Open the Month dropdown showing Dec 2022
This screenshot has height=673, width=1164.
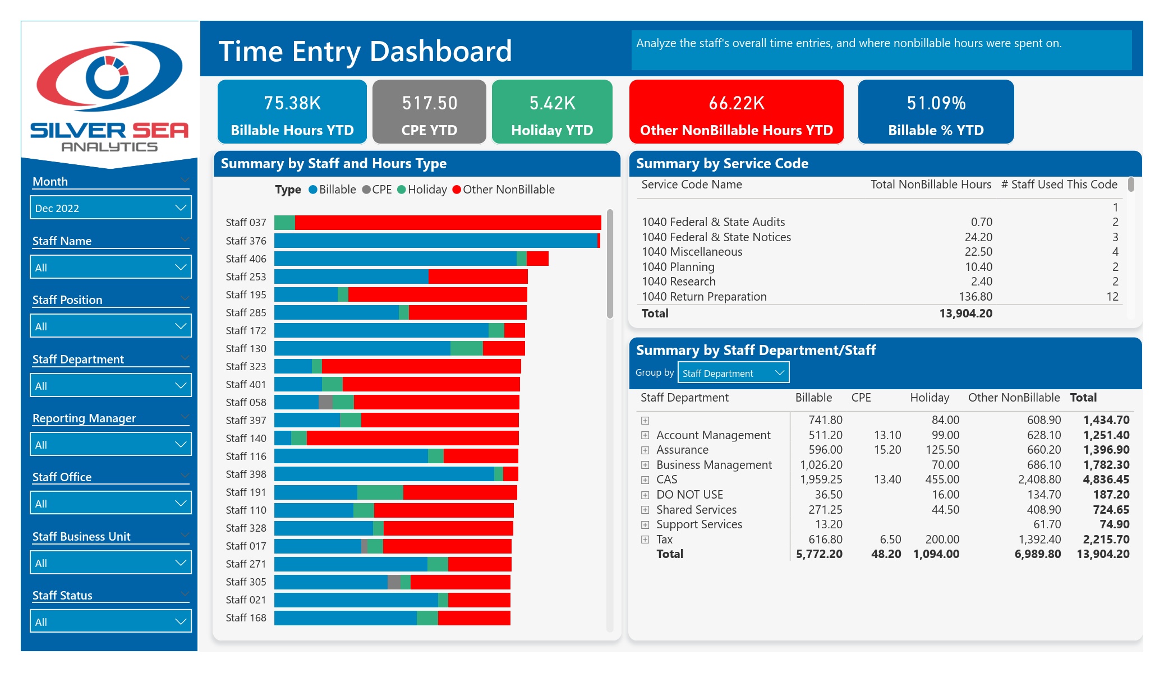coord(111,208)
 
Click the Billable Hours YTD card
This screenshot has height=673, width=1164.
coord(292,112)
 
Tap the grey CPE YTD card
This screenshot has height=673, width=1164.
coord(429,112)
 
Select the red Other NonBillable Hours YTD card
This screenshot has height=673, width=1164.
coord(737,112)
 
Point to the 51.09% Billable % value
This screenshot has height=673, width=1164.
coord(936,103)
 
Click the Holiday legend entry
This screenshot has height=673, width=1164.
coord(422,190)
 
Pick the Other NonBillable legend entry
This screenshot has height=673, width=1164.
coord(503,190)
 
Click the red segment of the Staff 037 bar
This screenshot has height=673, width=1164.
coord(448,223)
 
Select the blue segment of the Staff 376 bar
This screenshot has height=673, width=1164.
coord(436,241)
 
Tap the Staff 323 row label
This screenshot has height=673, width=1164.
coord(246,366)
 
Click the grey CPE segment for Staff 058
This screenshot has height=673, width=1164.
coord(325,402)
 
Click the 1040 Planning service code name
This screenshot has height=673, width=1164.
coord(678,267)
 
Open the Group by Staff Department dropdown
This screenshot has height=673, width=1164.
coord(733,372)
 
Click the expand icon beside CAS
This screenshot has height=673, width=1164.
coord(645,480)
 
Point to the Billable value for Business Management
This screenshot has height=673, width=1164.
coord(821,465)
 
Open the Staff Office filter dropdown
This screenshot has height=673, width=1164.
coord(111,503)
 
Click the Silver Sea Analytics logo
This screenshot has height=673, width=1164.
coord(109,95)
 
